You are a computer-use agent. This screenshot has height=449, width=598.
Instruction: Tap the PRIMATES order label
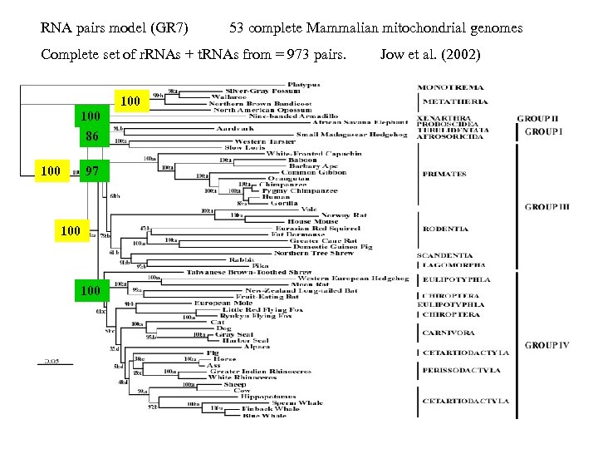[x=444, y=175]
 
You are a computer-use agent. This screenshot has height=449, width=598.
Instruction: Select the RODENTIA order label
[x=445, y=229]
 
